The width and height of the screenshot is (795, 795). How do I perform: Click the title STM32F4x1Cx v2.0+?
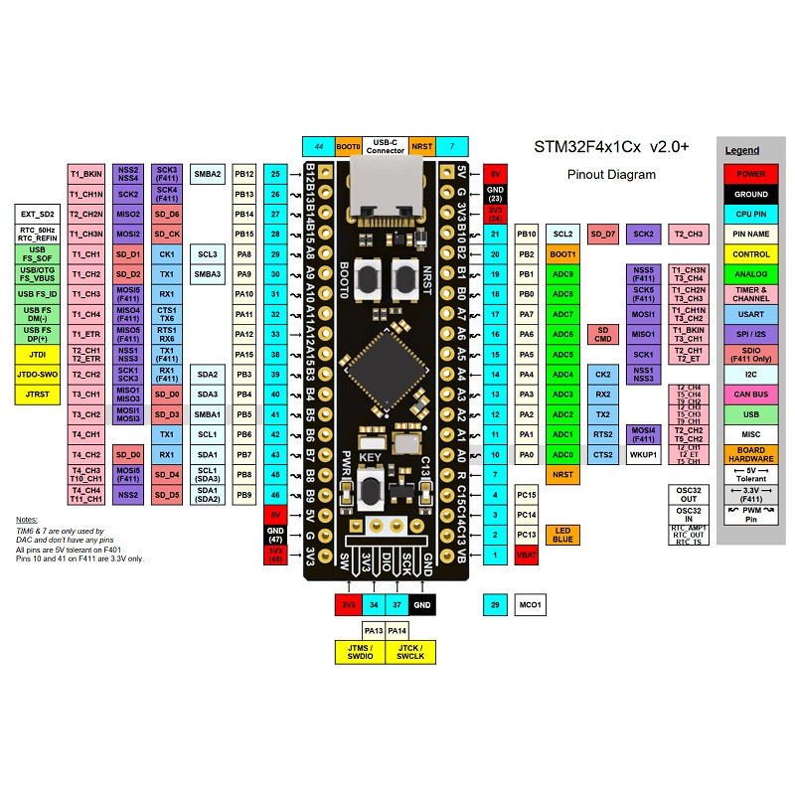click(x=611, y=146)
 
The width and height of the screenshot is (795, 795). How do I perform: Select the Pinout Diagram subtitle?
click(x=611, y=175)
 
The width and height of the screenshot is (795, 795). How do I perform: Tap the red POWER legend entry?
click(x=751, y=174)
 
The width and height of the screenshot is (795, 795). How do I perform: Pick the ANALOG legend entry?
click(x=751, y=273)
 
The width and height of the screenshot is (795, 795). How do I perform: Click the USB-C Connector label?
click(x=385, y=146)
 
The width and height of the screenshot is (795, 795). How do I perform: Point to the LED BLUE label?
click(x=563, y=535)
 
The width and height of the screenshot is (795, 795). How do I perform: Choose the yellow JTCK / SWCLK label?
click(x=409, y=652)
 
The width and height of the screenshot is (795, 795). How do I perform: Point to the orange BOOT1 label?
click(x=563, y=254)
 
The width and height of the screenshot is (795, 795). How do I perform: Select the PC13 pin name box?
click(x=527, y=535)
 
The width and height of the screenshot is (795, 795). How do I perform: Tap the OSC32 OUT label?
click(x=689, y=494)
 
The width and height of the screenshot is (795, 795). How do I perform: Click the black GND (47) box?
click(x=275, y=535)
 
